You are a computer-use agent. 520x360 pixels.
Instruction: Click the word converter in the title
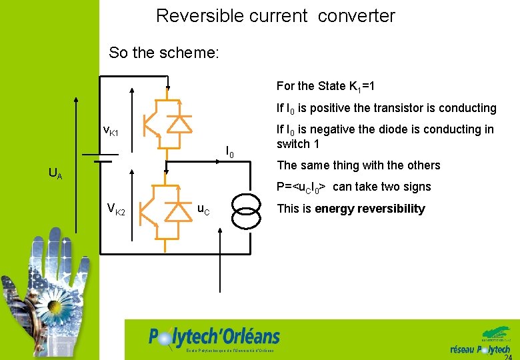(357, 15)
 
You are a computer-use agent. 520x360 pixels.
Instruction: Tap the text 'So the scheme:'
(163, 53)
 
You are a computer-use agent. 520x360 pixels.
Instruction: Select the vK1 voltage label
(111, 131)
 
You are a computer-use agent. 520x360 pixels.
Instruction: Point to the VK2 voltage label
(115, 211)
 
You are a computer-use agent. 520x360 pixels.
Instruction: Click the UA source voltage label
(56, 174)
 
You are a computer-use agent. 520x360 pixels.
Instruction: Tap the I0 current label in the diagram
(229, 153)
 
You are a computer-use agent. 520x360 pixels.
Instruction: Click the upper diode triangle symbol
(178, 125)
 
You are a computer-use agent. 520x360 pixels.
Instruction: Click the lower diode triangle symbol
(178, 211)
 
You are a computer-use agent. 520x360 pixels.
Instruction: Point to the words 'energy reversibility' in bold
(369, 209)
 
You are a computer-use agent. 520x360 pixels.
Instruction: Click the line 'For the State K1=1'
(329, 86)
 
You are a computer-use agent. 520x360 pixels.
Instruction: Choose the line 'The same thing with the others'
(358, 165)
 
